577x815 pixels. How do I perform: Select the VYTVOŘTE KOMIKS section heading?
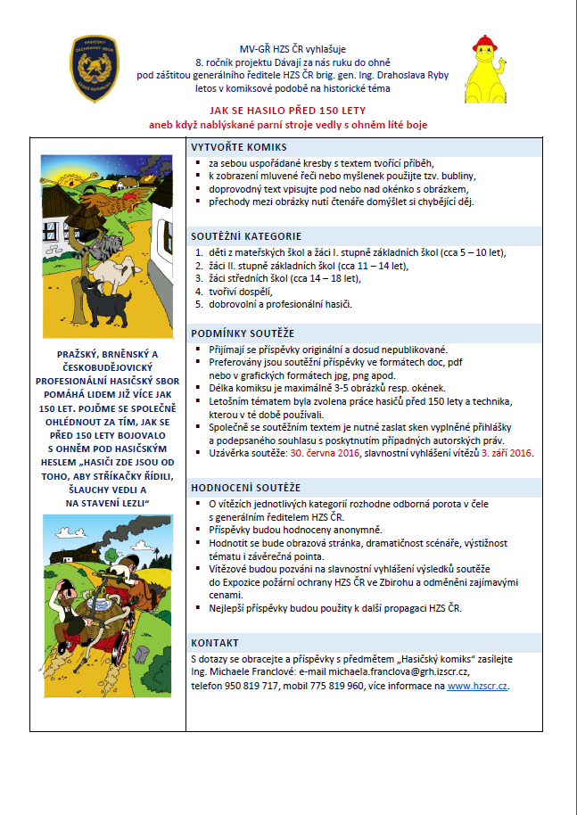point(239,147)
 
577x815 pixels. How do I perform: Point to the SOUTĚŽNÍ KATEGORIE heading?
point(246,236)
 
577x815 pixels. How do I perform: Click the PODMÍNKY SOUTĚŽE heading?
point(243,333)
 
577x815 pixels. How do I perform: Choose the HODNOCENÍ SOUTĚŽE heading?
point(246,488)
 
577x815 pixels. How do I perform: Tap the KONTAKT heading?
point(215,642)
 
